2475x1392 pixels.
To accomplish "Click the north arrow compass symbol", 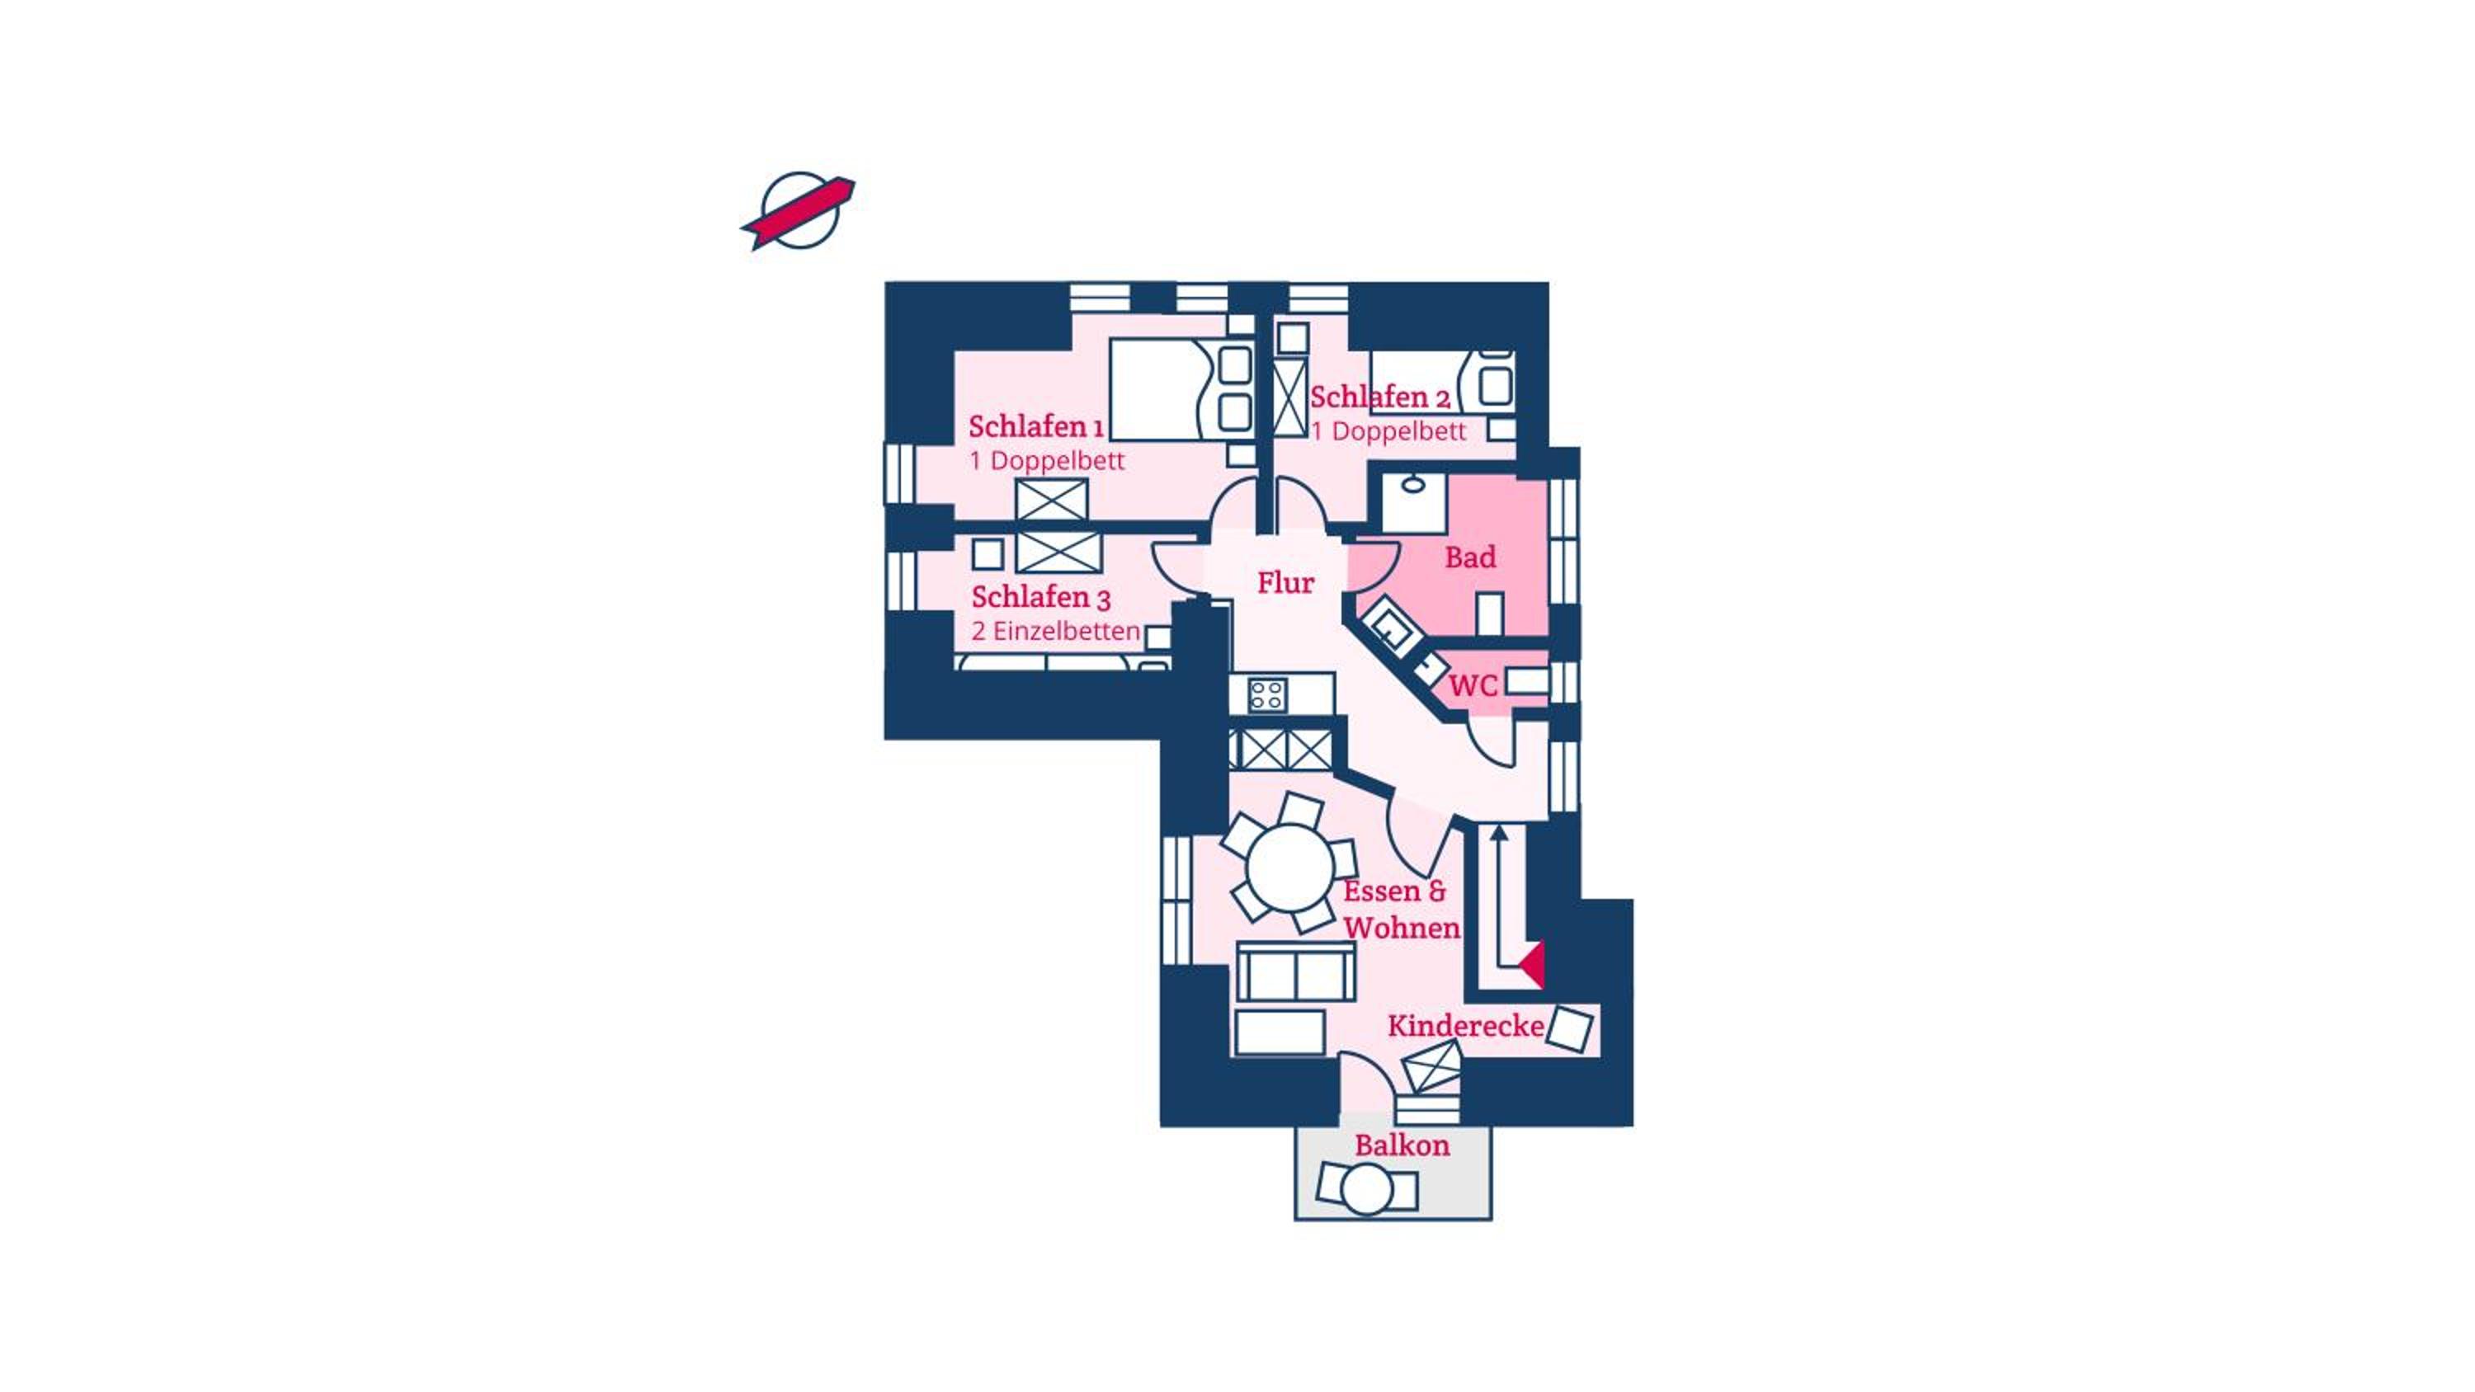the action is coord(799,210).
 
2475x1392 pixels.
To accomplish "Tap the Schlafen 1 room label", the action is coord(1035,426).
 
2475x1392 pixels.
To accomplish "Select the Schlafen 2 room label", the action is coord(1379,397).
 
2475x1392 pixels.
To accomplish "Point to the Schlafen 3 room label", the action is coord(1040,598).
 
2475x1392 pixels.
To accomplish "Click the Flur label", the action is coord(1285,582).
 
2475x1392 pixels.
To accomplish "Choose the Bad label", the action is coord(1470,557).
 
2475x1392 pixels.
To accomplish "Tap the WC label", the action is coord(1473,686).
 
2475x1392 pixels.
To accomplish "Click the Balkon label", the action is coord(1402,1145).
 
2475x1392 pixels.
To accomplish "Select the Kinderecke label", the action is coord(1465,1026).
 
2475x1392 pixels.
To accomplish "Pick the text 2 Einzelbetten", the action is coord(1055,631).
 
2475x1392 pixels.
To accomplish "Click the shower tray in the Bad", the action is coord(1414,501).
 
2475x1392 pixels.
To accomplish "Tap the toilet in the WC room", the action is coord(1525,681).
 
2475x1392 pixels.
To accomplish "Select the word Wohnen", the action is coord(1402,928).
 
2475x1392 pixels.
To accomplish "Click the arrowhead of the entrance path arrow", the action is coord(1499,832).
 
